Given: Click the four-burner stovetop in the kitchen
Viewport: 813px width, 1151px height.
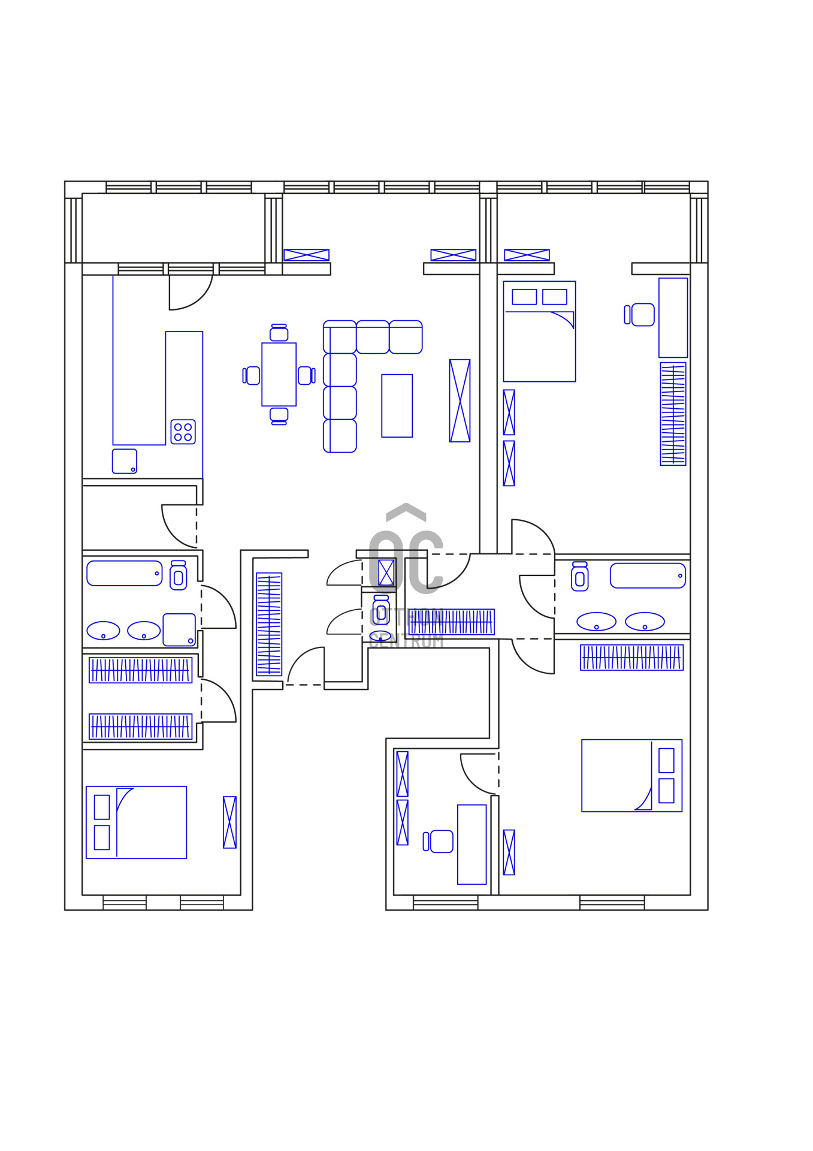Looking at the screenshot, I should [183, 432].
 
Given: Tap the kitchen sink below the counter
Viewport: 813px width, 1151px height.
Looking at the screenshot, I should [125, 461].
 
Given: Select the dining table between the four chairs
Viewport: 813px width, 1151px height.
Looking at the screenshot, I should [279, 374].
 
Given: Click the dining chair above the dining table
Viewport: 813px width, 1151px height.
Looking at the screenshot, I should [279, 333].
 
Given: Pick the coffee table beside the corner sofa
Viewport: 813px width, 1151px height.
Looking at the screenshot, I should [397, 405].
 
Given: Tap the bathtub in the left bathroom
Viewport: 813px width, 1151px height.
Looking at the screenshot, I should [124, 573].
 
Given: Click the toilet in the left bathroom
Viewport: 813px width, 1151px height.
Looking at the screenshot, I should [178, 576].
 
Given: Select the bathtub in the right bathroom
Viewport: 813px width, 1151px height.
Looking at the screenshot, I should [647, 575].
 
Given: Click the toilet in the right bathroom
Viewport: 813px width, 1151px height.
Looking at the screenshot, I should [579, 577].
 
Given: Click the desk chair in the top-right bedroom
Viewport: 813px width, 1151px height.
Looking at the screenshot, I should [642, 315].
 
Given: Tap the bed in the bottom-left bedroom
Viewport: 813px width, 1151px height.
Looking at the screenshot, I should [137, 822].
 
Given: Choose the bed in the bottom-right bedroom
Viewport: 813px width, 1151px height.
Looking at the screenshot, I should [631, 775].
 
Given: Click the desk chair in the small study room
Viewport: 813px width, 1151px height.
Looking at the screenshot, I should [440, 841].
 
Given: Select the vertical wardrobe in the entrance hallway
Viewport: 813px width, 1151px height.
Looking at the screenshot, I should [269, 624].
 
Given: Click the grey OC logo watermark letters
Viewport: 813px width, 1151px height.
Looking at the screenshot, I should [406, 562].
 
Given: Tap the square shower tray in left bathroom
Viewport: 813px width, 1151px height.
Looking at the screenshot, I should [179, 629].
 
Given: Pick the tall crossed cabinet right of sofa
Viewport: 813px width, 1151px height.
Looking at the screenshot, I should [460, 400].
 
